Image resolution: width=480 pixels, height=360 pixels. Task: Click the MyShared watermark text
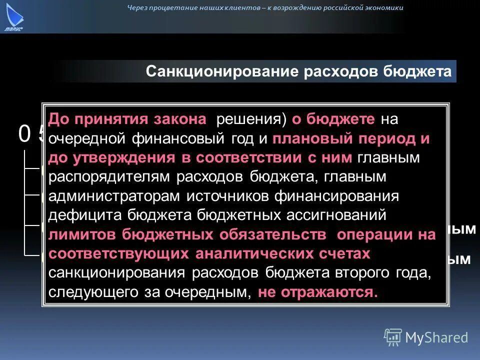(436, 337)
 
